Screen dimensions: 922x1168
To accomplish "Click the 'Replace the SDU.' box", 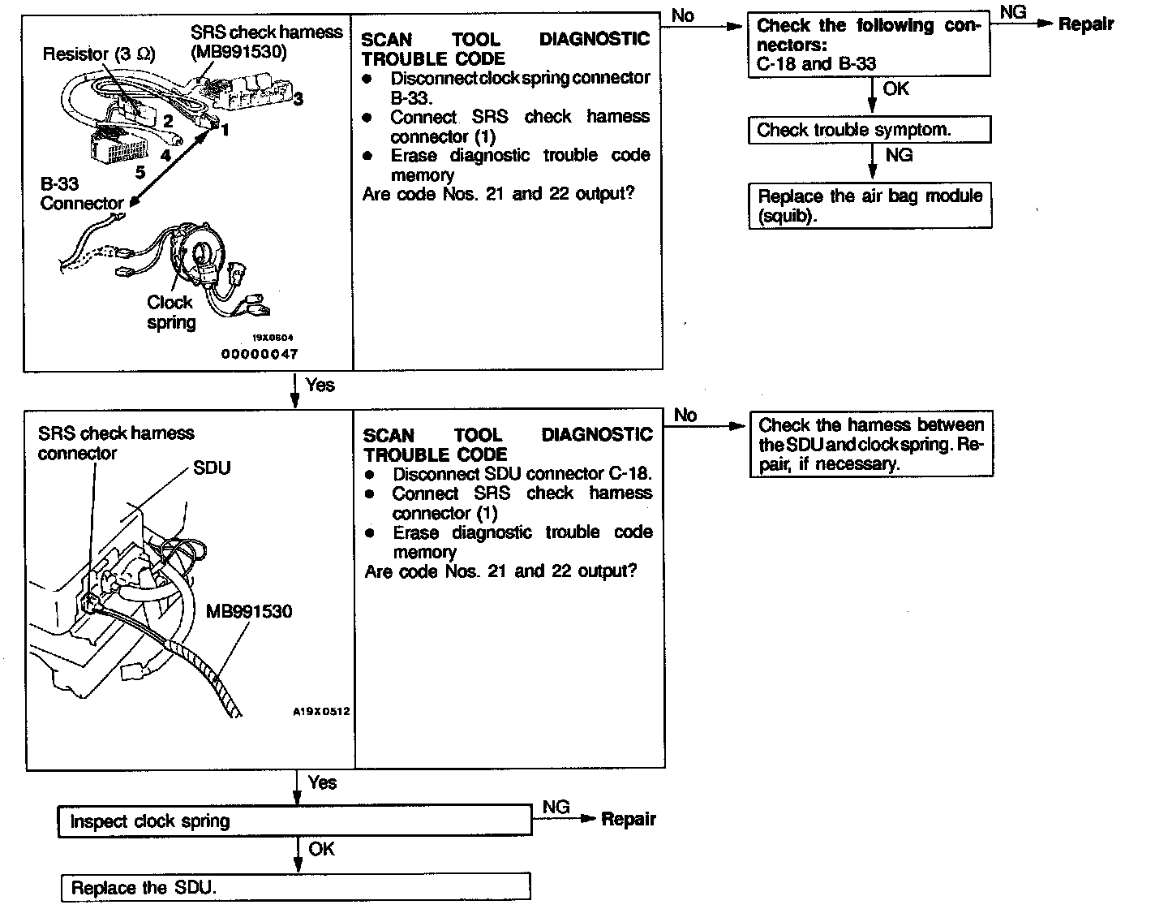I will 295,887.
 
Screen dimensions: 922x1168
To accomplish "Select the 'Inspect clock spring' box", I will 295,821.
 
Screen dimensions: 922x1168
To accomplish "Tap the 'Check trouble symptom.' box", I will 870,130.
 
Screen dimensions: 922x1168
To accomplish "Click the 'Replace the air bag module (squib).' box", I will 870,206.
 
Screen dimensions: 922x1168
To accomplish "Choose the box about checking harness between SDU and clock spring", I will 871,444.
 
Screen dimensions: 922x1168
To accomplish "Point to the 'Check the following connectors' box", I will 869,45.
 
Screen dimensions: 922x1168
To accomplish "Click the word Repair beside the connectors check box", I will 1086,24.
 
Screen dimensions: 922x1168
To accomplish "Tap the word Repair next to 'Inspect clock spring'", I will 629,819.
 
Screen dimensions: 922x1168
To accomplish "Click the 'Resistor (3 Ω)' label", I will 98,54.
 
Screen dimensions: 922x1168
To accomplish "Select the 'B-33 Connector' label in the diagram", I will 81,193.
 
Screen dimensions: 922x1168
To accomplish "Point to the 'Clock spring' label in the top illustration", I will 171,312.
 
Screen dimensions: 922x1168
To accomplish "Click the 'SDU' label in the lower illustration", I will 212,468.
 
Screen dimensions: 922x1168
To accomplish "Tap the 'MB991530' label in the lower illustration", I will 249,611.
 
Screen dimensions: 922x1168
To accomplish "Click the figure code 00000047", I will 260,354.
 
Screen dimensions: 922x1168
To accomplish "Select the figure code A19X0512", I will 321,712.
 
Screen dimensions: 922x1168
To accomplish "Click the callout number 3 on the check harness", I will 298,99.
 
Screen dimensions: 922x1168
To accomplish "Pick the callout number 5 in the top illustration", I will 140,172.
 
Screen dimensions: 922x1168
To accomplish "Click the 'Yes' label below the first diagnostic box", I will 320,385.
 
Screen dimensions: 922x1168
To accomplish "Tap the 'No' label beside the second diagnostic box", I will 685,416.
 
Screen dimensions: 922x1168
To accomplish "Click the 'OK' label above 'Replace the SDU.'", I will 321,849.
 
